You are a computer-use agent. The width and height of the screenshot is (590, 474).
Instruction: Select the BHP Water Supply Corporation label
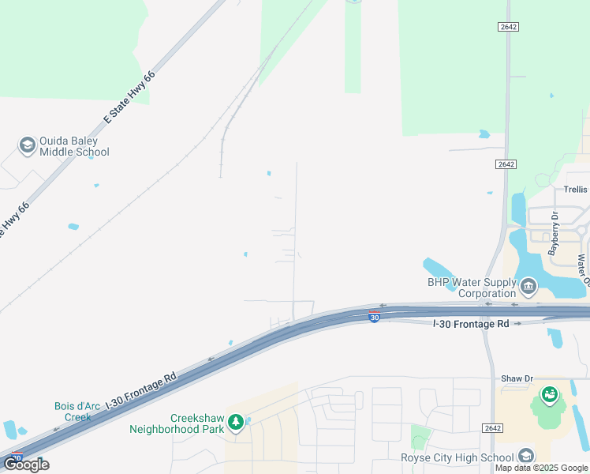[470, 288]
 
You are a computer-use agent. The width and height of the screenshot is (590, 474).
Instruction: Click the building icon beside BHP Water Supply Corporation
[528, 284]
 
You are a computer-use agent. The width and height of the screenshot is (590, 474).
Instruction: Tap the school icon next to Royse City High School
[525, 455]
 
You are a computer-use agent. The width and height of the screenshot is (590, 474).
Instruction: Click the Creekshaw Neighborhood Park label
[176, 424]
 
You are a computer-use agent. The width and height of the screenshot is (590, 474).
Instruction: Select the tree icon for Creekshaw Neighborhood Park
[235, 423]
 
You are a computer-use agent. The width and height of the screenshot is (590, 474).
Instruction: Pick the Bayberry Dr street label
[554, 234]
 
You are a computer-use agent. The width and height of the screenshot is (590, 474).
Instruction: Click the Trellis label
[575, 190]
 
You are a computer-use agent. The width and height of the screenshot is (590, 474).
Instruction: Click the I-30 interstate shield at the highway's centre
[374, 317]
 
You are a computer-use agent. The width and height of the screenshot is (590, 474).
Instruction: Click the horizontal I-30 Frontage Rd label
[470, 324]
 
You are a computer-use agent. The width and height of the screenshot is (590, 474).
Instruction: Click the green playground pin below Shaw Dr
[549, 393]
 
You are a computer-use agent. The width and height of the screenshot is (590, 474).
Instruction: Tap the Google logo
[26, 465]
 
